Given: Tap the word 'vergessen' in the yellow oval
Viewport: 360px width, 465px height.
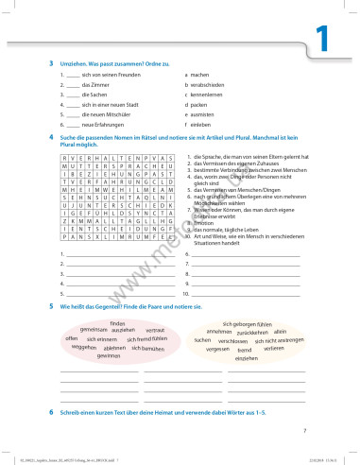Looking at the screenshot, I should click(218, 349).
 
